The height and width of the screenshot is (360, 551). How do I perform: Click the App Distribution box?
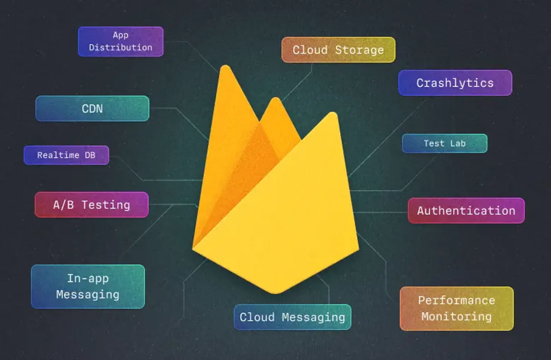[121, 42]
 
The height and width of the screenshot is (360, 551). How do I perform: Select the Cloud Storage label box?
[338, 50]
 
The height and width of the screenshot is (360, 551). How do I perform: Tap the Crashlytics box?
[455, 83]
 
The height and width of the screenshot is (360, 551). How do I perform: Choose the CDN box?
[92, 108]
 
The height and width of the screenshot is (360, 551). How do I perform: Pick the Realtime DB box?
[66, 155]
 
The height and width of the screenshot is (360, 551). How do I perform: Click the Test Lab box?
[444, 143]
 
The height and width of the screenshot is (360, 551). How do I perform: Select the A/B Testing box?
[91, 205]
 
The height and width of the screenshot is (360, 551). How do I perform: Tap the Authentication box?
[466, 210]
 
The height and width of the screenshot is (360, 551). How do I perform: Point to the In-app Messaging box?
[88, 286]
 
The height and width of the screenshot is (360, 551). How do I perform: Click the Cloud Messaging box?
[292, 317]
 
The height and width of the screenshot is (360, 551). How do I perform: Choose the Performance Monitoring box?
[456, 308]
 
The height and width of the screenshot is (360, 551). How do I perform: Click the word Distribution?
[121, 47]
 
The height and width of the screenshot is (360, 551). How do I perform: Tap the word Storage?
[359, 50]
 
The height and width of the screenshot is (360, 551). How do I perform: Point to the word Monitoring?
[456, 317]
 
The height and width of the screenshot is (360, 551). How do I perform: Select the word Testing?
[106, 205]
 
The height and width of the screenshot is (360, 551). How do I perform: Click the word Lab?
[458, 143]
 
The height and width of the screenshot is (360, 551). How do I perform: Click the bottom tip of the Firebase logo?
[275, 292]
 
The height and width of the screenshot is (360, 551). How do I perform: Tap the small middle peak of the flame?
[275, 100]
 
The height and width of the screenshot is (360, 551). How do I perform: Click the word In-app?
[88, 279]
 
